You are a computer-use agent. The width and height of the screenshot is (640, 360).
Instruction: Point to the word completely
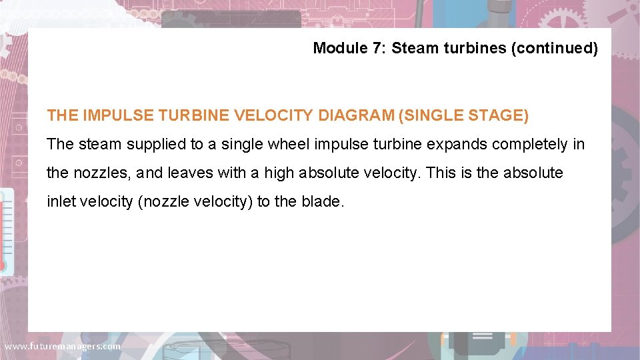pos(535,144)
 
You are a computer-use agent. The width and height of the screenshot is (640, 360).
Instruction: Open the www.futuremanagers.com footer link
pos(63,347)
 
